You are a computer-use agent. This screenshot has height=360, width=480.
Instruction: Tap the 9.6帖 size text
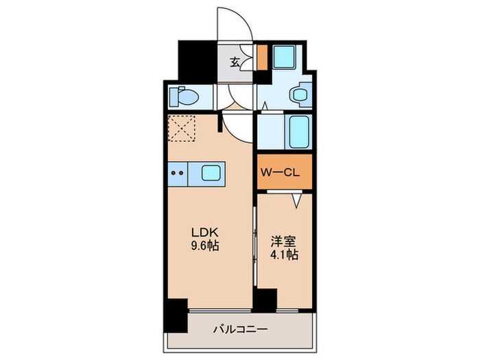point(205,245)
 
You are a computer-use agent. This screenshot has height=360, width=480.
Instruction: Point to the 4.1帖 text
point(284,254)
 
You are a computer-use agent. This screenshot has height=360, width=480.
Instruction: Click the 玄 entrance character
point(235,62)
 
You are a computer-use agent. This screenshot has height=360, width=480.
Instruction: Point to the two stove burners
point(177,173)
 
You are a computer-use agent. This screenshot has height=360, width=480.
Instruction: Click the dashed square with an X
point(182,128)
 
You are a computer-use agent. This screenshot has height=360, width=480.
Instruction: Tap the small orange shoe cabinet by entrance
point(262,57)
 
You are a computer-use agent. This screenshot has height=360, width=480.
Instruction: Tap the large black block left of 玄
point(197,61)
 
